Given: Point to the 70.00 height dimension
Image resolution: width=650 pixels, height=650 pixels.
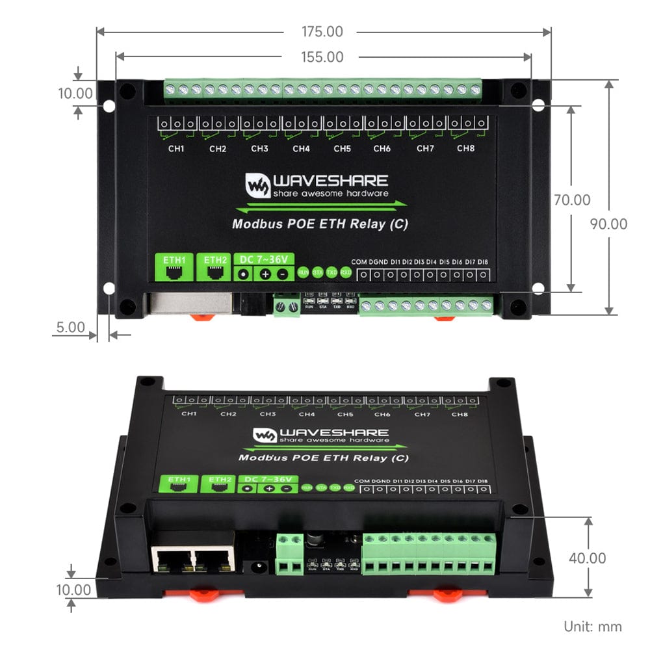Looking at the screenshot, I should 572,200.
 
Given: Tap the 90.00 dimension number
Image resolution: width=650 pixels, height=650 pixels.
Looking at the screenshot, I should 608,224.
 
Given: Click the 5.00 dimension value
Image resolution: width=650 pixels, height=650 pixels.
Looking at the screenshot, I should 70,327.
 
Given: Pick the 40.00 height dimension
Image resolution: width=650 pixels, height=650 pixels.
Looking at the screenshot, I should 587,558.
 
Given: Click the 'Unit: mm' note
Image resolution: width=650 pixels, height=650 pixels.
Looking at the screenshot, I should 592,627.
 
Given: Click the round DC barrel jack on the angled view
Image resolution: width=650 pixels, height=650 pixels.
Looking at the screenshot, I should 257,567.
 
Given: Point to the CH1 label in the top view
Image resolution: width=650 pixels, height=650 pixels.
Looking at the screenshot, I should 176,149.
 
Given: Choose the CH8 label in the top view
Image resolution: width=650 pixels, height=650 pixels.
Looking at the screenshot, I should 466,149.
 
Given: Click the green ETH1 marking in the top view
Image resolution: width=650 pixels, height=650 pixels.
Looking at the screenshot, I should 174,259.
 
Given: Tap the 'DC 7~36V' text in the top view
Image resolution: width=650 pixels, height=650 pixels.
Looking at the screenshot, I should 264,259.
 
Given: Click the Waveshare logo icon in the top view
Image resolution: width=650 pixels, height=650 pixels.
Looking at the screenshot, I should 257,185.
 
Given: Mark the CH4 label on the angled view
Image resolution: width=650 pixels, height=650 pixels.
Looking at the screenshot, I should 306,414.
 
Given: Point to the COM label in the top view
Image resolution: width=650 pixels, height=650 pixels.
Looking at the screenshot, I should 359,262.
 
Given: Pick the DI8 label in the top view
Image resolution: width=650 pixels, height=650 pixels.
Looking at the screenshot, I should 483,262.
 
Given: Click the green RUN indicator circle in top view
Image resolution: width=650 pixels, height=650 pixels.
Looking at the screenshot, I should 303,273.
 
